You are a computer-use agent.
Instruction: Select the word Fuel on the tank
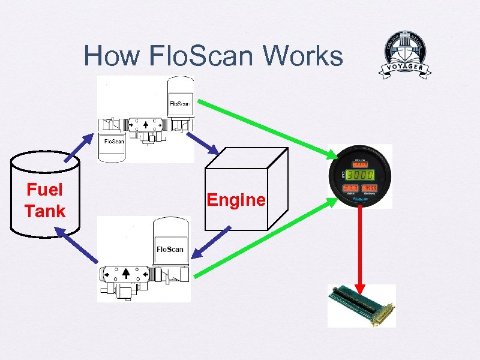pos(45,190)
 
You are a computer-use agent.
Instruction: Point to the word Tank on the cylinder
pos(45,211)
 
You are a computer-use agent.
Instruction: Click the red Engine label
pos(236,199)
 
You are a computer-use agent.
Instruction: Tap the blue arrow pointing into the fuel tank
pos(74,244)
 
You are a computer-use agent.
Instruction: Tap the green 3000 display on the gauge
pos(360,175)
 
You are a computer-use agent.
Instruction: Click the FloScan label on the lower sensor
pos(170,249)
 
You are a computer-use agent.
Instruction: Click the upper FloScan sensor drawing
pos(146,120)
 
